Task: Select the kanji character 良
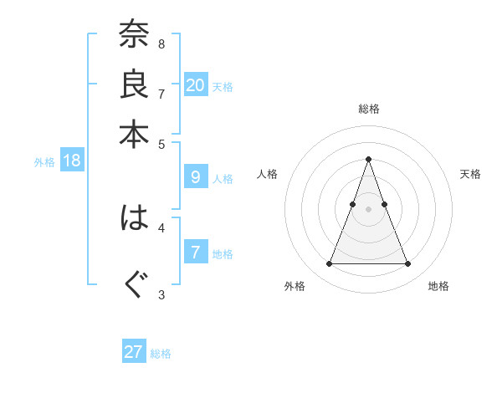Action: (x=134, y=85)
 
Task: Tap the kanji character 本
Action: (x=134, y=134)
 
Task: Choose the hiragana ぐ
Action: (x=134, y=284)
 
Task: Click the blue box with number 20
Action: (x=196, y=84)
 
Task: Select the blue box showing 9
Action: (x=196, y=177)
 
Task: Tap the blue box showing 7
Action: (x=196, y=253)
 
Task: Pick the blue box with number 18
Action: (x=72, y=161)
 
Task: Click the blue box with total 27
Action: (x=134, y=352)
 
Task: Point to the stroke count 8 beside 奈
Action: (x=161, y=43)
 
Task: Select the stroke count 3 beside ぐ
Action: (x=161, y=293)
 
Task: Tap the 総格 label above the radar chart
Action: (x=368, y=109)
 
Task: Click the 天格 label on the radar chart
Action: (x=470, y=174)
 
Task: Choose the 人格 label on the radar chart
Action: (x=267, y=174)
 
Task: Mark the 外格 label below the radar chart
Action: (x=295, y=287)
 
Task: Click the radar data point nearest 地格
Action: (x=407, y=264)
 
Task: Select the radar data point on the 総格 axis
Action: (x=368, y=159)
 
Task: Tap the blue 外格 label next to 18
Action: (x=44, y=162)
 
